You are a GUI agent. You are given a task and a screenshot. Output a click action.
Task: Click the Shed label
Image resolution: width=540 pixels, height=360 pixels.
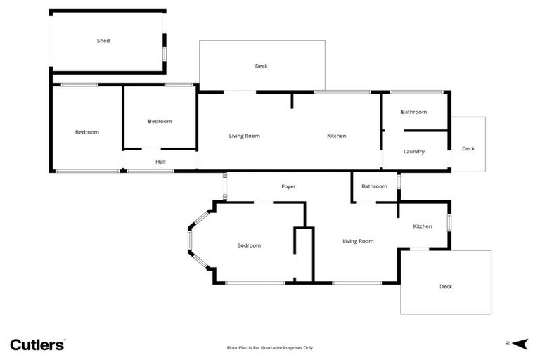point(103,41)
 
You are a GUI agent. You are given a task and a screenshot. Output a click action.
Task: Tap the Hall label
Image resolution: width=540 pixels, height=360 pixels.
point(160,162)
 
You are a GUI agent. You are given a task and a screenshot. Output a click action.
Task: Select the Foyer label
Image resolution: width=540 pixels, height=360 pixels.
point(288,186)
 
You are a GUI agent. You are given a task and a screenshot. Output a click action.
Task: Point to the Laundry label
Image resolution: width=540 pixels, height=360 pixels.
point(413,151)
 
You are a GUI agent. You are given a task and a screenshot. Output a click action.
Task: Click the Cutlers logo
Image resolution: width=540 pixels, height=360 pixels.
point(37,345)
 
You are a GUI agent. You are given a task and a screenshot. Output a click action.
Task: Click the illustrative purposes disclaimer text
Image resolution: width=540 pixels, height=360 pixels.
point(269,347)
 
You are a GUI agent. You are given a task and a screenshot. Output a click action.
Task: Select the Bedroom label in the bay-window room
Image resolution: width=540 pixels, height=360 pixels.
point(249,245)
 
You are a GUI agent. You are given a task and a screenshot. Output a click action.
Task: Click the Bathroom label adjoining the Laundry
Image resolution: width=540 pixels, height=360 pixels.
point(413,112)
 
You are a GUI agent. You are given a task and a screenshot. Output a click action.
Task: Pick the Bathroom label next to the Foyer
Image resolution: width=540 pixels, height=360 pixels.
point(374,186)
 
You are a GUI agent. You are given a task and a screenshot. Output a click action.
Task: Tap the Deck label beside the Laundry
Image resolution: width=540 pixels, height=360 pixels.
point(468,148)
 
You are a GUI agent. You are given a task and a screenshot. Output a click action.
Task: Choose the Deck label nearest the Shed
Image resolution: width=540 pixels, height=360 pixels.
point(261,66)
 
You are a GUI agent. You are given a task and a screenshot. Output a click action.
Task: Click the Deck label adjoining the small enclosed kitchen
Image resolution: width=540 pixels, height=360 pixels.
point(446,286)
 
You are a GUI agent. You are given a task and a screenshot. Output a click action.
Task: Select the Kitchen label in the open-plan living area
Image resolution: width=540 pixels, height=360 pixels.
point(336,136)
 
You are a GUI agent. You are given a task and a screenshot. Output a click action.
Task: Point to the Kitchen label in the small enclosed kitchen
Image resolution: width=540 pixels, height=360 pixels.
point(423,226)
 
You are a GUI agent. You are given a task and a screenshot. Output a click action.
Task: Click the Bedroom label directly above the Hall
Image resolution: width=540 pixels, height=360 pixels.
point(160,121)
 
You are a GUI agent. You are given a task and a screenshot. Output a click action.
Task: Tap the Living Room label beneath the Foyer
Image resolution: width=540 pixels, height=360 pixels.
point(358,241)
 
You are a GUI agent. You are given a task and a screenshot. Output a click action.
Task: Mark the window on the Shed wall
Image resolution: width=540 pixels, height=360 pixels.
point(165,53)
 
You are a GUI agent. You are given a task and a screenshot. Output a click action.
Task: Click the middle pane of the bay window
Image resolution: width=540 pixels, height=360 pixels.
point(189,241)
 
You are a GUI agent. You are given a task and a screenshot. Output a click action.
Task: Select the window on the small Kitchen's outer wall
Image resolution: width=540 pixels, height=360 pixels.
point(449,223)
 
